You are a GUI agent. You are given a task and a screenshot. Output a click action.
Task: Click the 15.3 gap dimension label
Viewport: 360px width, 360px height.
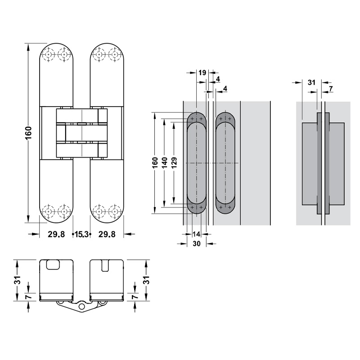click(81, 234)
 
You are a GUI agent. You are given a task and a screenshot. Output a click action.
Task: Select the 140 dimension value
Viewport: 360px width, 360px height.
click(164, 163)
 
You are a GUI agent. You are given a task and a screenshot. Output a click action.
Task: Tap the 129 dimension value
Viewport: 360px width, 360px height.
click(174, 163)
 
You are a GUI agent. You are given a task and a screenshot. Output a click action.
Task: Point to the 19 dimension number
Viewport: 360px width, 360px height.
click(202, 73)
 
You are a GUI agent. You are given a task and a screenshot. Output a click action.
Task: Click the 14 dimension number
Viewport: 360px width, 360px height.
click(196, 234)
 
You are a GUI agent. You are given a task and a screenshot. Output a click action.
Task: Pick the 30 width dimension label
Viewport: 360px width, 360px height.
click(197, 243)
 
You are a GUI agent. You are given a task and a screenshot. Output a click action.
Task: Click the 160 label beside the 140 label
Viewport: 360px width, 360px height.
click(155, 163)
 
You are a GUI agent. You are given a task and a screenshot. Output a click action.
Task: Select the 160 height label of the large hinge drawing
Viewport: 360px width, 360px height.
click(28, 133)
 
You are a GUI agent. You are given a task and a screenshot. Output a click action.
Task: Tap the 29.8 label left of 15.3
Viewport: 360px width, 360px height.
click(56, 234)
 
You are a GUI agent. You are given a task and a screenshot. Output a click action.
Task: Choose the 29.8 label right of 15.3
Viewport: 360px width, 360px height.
click(107, 234)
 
